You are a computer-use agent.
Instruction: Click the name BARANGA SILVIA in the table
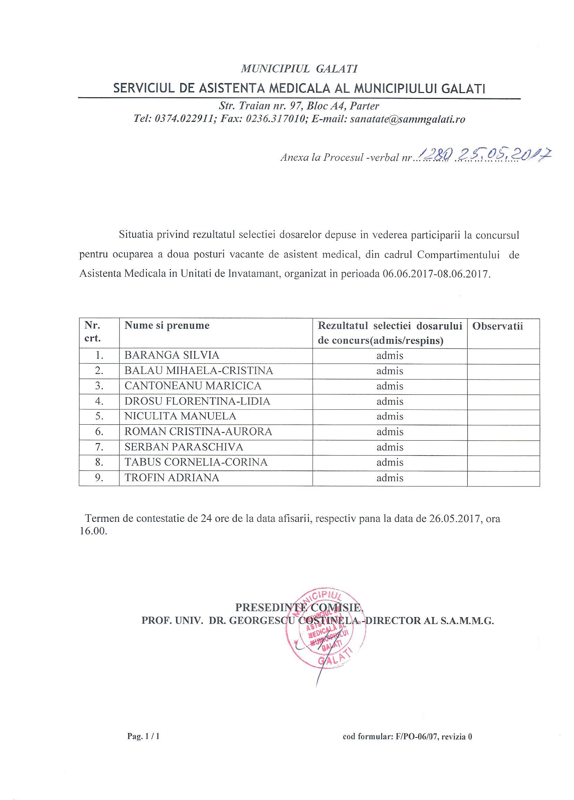pyautogui.click(x=172, y=355)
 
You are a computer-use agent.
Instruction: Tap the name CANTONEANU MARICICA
pyautogui.click(x=193, y=386)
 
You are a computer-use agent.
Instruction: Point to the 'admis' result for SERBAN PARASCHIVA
pyautogui.click(x=390, y=447)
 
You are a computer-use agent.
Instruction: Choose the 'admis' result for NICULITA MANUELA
pyautogui.click(x=390, y=417)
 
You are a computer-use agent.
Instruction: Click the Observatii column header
pyautogui.click(x=498, y=326)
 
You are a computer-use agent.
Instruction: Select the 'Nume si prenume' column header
pyautogui.click(x=167, y=326)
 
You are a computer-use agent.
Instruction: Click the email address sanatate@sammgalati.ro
pyautogui.click(x=408, y=119)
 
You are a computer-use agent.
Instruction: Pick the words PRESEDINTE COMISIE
pyautogui.click(x=299, y=607)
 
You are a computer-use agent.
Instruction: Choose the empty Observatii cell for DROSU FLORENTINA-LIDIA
pyautogui.click(x=503, y=401)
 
